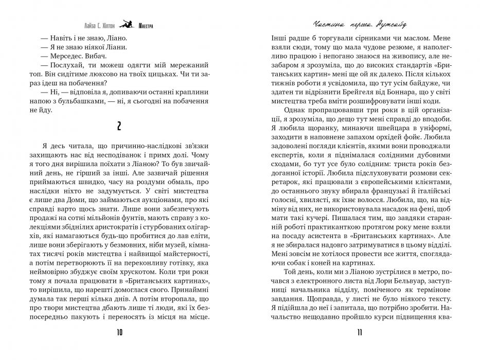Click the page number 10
pyautogui.click(x=120, y=333)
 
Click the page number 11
pyautogui.click(x=360, y=333)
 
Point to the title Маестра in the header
pyautogui.click(x=146, y=24)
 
